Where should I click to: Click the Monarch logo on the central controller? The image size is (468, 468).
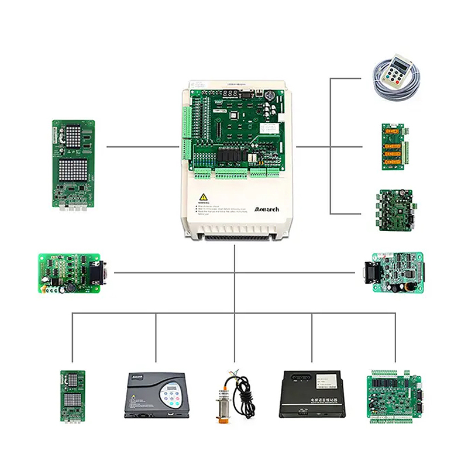click(267, 209)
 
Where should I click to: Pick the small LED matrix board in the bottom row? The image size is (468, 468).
click(73, 397)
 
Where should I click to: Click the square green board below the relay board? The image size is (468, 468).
click(395, 209)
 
